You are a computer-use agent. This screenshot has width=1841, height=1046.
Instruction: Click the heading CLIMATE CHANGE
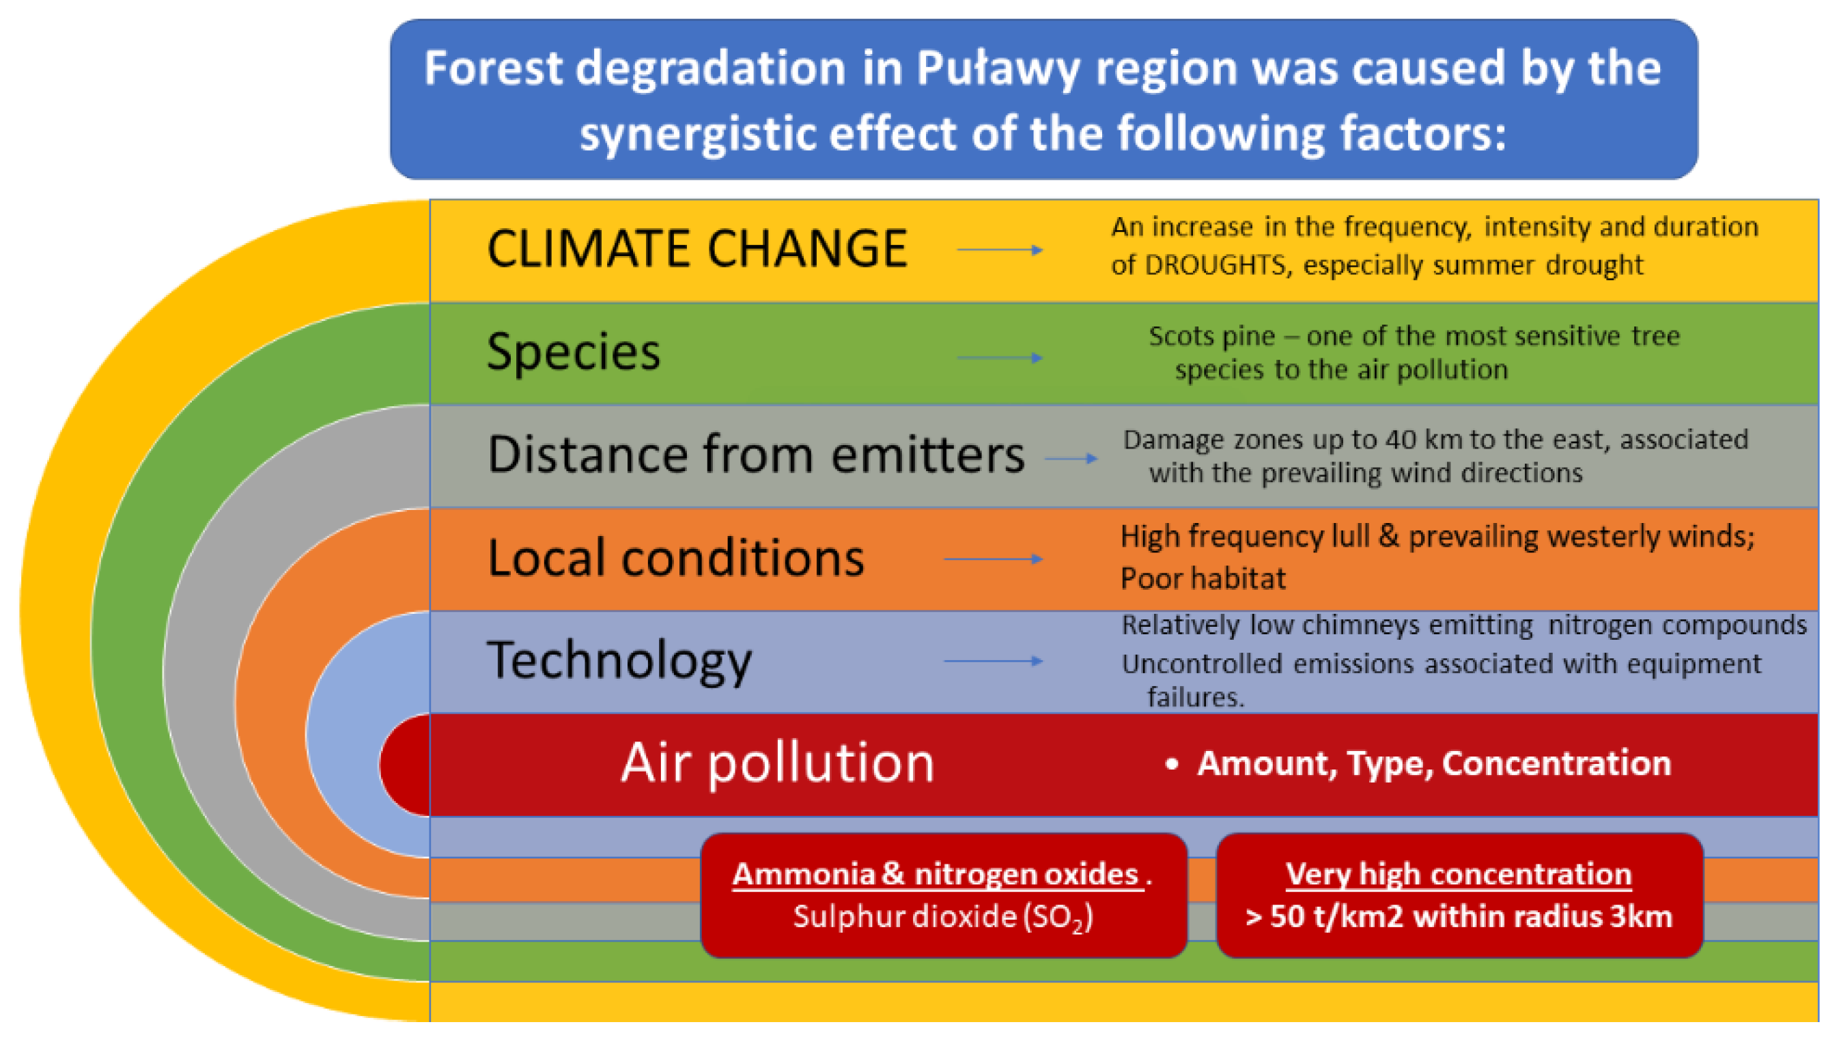point(697,249)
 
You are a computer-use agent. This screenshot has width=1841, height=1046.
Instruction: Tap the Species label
point(573,353)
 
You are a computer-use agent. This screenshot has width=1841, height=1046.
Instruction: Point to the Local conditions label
point(676,558)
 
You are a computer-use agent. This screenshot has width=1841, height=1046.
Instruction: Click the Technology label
point(619,661)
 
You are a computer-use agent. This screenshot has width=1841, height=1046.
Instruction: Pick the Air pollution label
point(778,763)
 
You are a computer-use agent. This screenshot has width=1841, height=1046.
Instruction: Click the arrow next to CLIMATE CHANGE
point(1000,250)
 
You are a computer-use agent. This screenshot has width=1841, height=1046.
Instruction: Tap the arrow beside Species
point(1000,358)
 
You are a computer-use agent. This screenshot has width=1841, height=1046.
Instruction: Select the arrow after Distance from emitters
point(1071,458)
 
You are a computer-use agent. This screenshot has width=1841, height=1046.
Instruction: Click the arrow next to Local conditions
point(994,559)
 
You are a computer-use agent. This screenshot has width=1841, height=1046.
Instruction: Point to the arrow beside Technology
point(994,661)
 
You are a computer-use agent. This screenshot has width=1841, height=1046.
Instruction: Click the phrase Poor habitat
point(1203,578)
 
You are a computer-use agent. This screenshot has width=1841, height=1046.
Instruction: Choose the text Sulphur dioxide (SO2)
point(943,918)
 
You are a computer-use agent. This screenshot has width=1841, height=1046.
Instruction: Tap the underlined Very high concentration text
point(1458,875)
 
